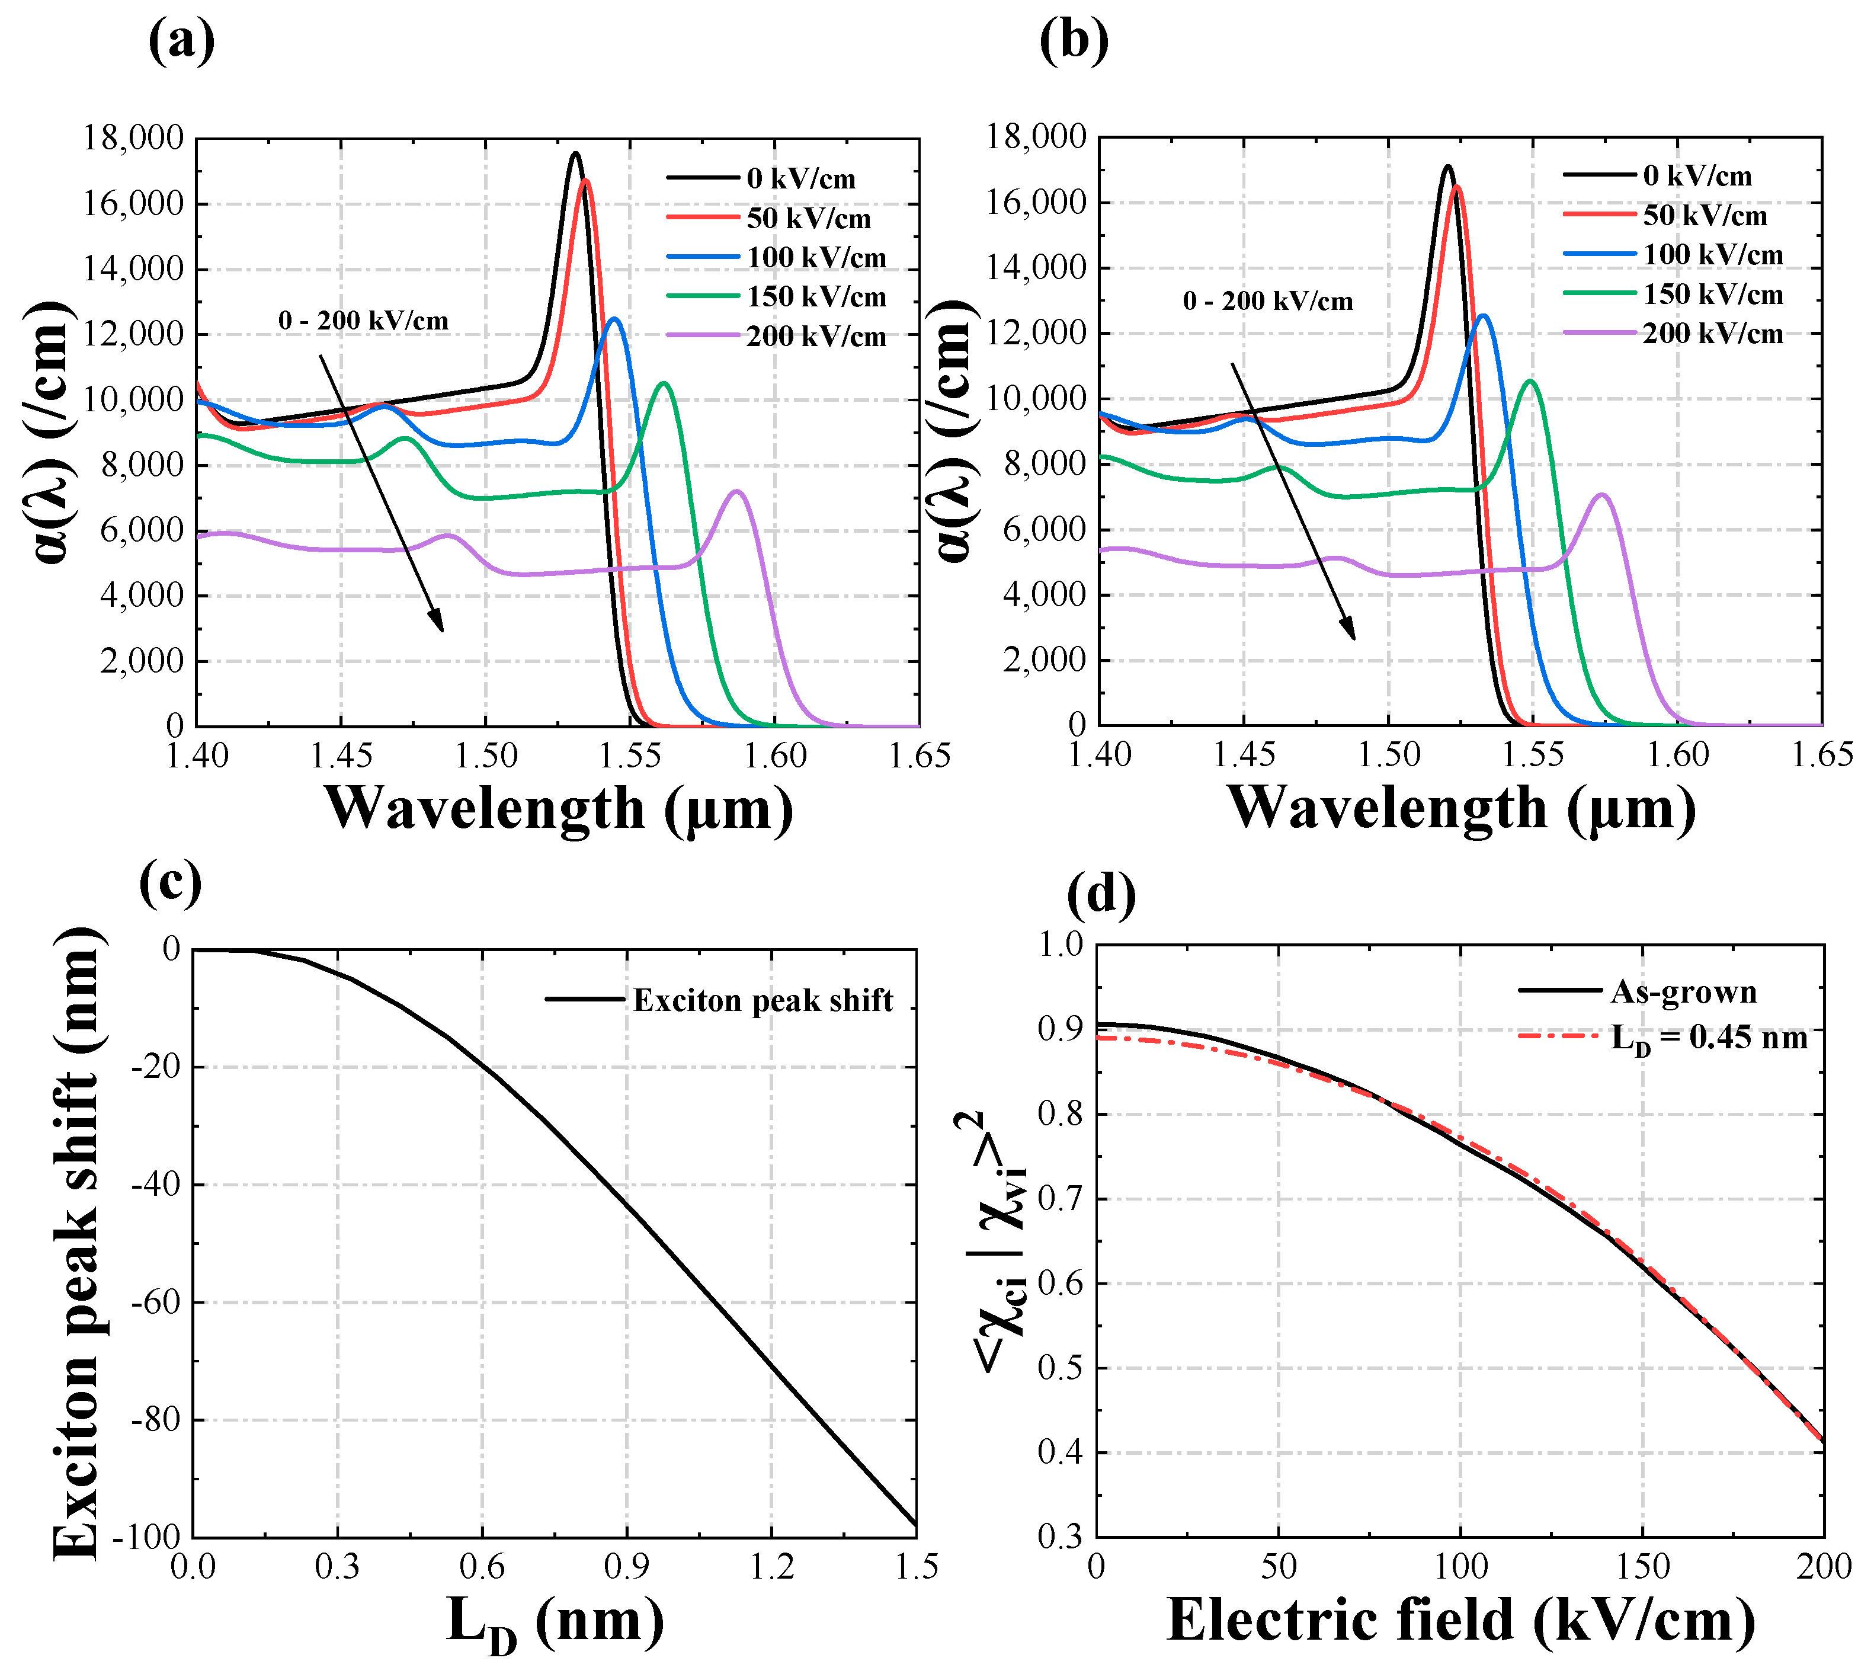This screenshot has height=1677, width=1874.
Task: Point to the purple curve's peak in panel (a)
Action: (x=737, y=491)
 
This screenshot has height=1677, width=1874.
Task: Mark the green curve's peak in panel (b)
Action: (x=1530, y=380)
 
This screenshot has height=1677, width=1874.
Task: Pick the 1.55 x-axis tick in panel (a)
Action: (x=630, y=756)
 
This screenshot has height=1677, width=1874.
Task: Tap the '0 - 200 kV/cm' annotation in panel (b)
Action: (x=1268, y=301)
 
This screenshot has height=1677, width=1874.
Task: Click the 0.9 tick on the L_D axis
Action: (x=626, y=1566)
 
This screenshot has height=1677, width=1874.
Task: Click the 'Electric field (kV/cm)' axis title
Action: (x=1460, y=1620)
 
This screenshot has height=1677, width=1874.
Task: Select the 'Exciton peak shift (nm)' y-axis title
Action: (x=76, y=1244)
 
